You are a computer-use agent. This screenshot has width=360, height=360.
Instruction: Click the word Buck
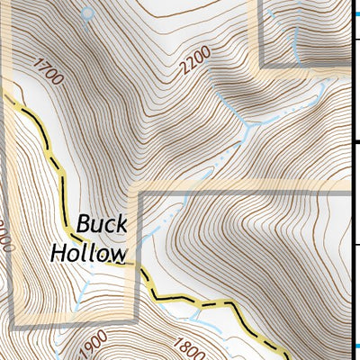coord(102,222)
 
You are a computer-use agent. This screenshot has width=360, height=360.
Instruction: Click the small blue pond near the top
coord(87,13)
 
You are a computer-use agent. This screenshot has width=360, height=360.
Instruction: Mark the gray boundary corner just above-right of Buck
coord(136,193)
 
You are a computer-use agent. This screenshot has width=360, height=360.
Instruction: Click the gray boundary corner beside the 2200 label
coord(262,66)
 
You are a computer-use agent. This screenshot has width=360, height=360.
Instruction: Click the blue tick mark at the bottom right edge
coord(355,346)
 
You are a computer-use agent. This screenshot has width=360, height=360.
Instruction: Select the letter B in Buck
coord(84,222)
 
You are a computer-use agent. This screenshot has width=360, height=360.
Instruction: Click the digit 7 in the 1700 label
coord(42,67)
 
